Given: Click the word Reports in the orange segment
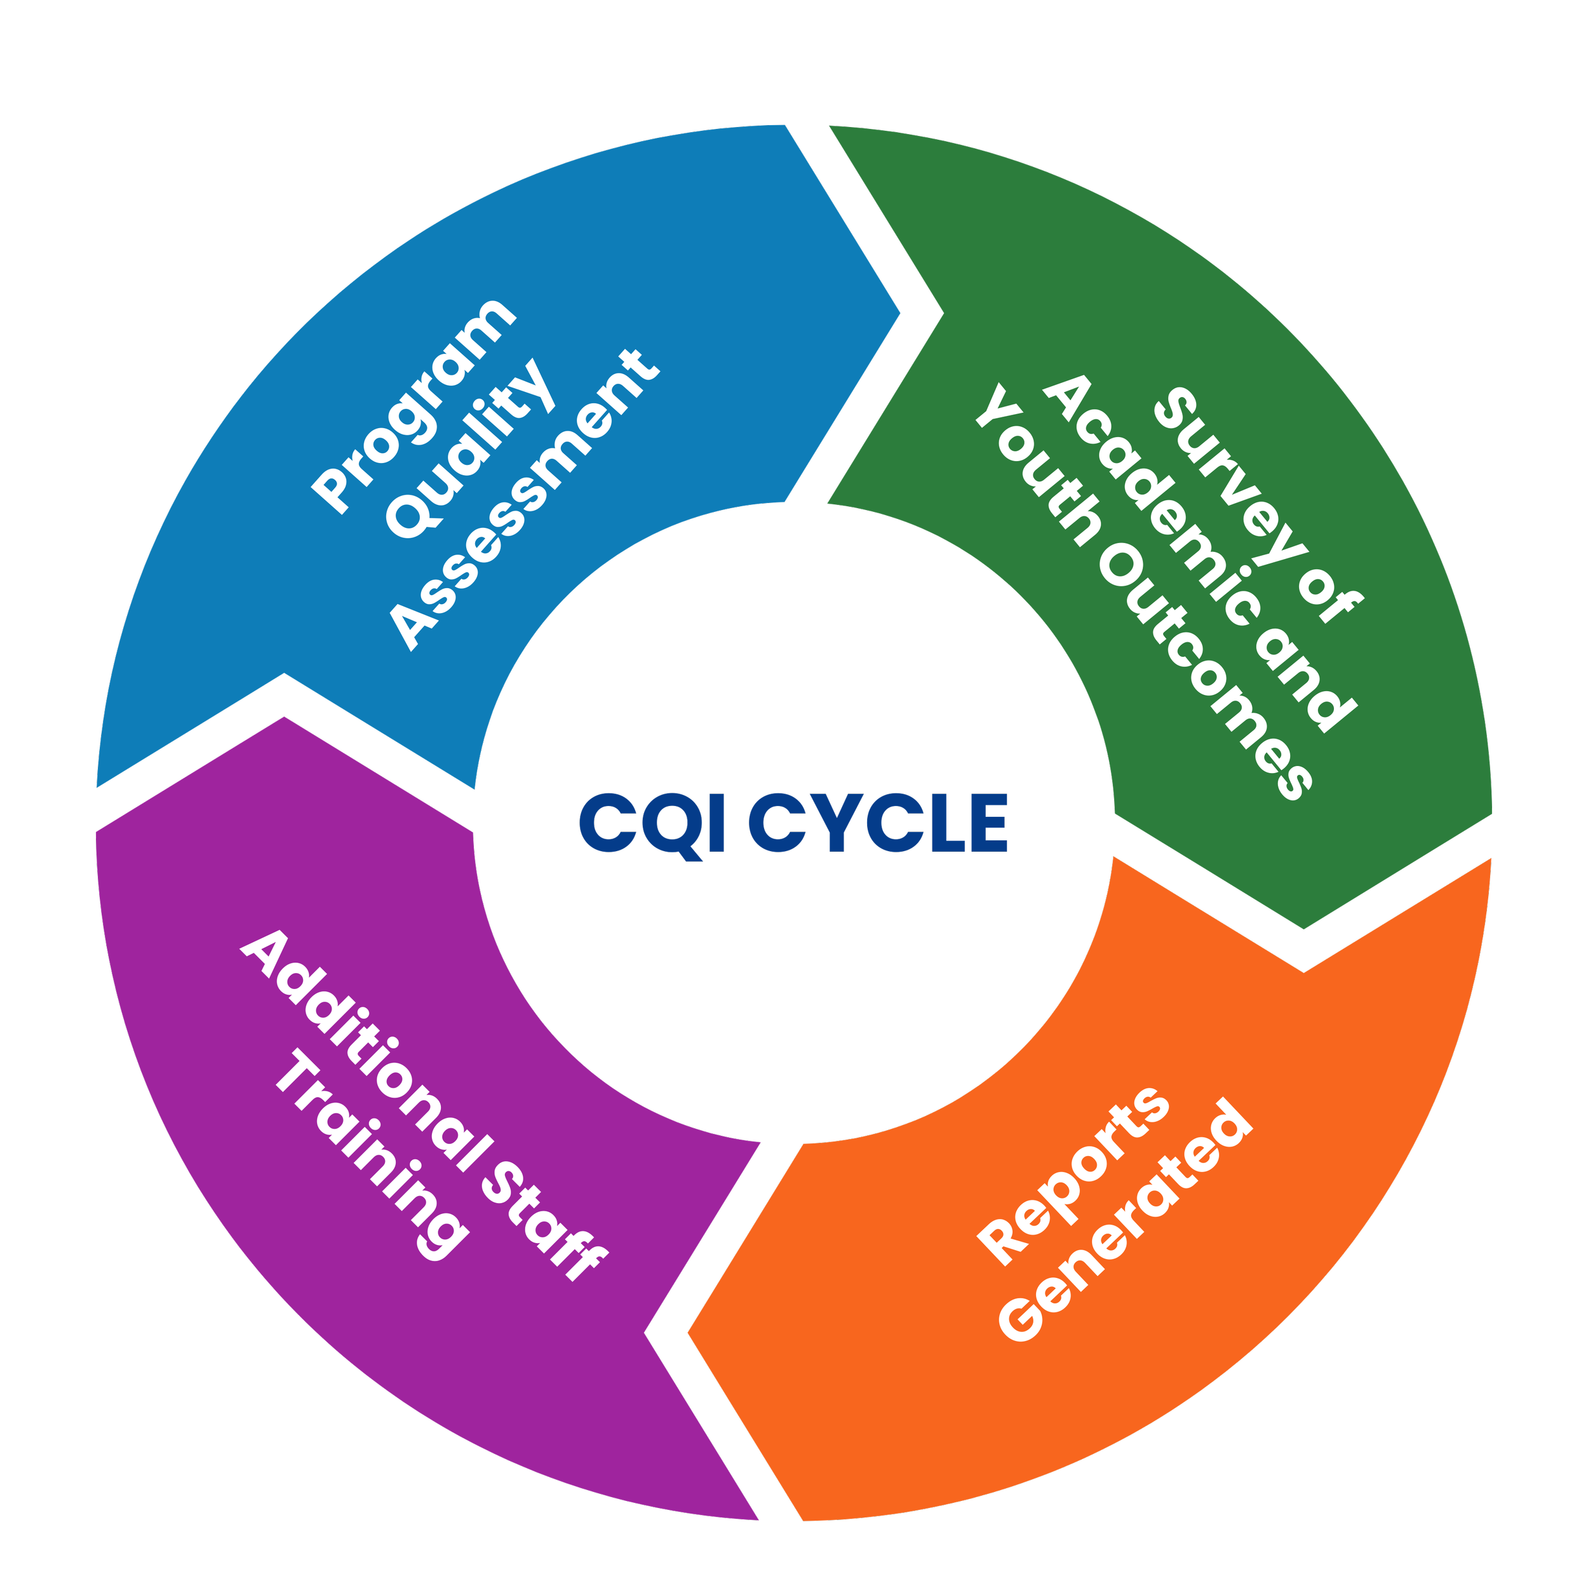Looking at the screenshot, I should (x=1073, y=1175).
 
